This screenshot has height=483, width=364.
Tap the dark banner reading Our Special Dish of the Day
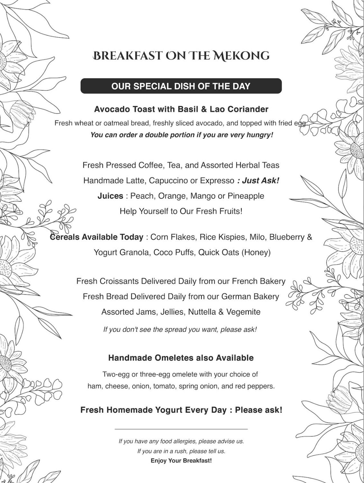[x=181, y=86]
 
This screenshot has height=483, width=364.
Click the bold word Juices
[x=110, y=196]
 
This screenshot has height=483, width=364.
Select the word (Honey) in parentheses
[x=256, y=252]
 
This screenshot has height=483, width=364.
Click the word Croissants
[x=119, y=281]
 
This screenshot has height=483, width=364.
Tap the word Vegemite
[x=243, y=312]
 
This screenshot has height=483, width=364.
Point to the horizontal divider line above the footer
[x=181, y=429]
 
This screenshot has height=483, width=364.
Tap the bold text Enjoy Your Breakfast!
[x=181, y=460]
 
